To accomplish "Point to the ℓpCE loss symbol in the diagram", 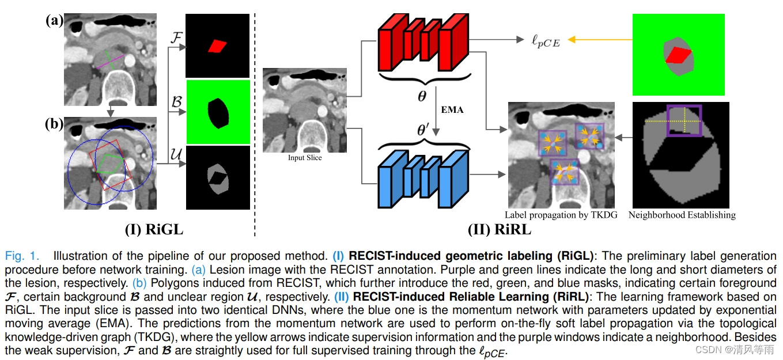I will pos(544,40).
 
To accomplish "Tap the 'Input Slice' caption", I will pos(304,158).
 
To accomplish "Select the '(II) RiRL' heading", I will pos(499,229).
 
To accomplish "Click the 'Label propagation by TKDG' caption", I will pos(561,215).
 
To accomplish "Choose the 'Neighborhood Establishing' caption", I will pos(682,215).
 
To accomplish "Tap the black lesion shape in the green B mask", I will pos(217,113).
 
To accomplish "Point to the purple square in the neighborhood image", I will pos(684,120).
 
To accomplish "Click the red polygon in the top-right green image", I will pos(678,55).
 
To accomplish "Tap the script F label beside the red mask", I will pos(177,38).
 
